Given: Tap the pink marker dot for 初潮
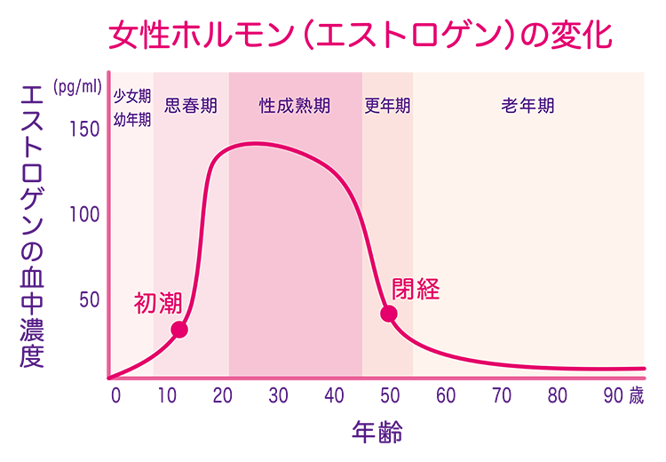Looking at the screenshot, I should (179, 330).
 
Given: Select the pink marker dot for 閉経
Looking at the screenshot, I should (388, 313).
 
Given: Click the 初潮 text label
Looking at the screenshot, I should (157, 303).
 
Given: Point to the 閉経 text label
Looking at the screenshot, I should (416, 289).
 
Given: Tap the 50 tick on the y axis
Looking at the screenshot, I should (88, 299).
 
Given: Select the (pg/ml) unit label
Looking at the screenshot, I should (78, 87).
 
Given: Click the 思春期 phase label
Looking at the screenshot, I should (191, 106).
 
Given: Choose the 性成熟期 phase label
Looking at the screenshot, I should (295, 106).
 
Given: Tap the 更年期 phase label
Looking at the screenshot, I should (387, 106).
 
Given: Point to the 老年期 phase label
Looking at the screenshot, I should (527, 106).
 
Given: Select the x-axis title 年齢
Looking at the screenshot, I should (377, 433).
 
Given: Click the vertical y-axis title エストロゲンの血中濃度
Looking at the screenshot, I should (33, 227).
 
